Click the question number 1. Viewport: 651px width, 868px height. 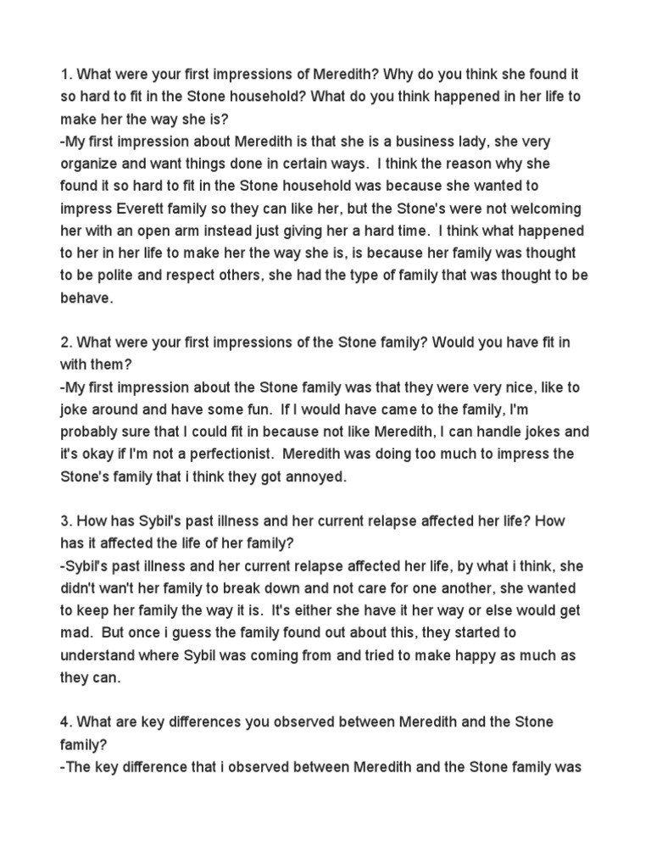(x=63, y=74)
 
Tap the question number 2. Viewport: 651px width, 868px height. (x=64, y=343)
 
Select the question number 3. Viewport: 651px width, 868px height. (x=64, y=521)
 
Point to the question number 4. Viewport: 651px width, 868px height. (x=64, y=721)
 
